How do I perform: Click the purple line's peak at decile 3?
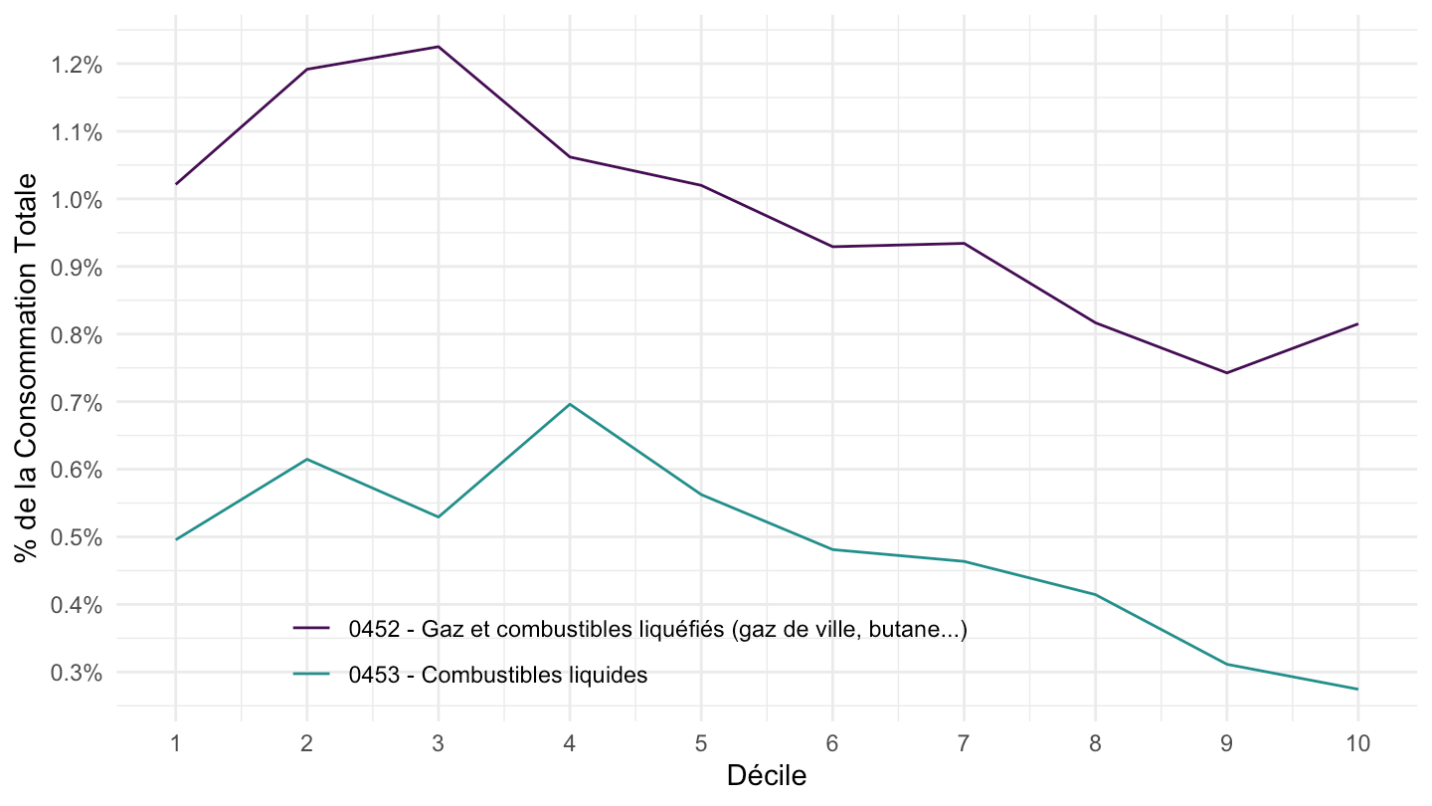(438, 47)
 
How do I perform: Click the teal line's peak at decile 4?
(569, 404)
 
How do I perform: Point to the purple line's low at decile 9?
(1226, 373)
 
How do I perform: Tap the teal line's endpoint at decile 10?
(1357, 689)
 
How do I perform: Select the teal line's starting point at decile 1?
(176, 539)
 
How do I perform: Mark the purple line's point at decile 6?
(832, 247)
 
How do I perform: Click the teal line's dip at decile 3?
(438, 516)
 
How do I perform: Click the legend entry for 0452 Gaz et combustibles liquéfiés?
(657, 629)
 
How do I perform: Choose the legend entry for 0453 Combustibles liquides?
(497, 675)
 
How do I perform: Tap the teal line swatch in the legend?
(311, 675)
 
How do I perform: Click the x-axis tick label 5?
(701, 742)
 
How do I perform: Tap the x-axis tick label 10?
(1357, 742)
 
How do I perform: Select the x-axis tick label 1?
(176, 742)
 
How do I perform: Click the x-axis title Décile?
(766, 776)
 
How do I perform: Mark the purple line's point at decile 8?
(1095, 322)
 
